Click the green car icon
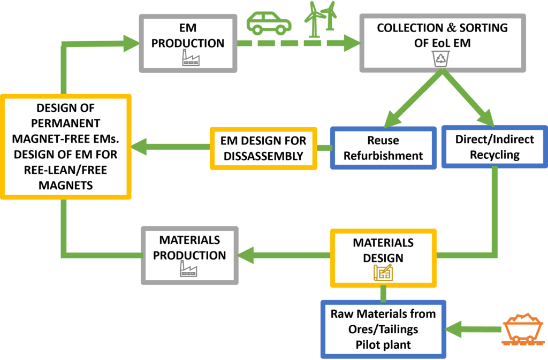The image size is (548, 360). pyautogui.click(x=269, y=23)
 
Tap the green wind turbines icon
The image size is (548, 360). pyautogui.click(x=321, y=18)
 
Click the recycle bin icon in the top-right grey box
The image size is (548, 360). pyautogui.click(x=440, y=57)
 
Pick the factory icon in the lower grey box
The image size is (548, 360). pyautogui.click(x=188, y=268)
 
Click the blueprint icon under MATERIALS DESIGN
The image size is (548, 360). pyautogui.click(x=383, y=272)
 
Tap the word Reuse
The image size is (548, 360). pyautogui.click(x=383, y=140)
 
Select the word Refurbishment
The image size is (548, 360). pyautogui.click(x=383, y=156)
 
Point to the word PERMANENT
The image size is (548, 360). pyautogui.click(x=65, y=123)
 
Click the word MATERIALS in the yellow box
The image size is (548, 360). pyautogui.click(x=383, y=242)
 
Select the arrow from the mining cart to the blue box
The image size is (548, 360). pyautogui.click(x=474, y=329)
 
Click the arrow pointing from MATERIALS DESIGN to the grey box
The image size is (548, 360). pyautogui.click(x=284, y=256)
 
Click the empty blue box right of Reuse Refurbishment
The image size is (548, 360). pyautogui.click(x=494, y=147)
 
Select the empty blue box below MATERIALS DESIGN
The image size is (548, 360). pyautogui.click(x=383, y=329)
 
